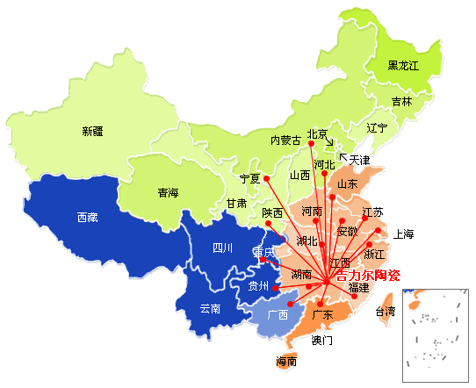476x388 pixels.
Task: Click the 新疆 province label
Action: tap(92, 132)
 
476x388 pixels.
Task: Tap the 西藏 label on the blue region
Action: tap(87, 216)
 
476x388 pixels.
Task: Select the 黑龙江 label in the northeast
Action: tap(404, 66)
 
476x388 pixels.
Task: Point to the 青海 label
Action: tap(168, 193)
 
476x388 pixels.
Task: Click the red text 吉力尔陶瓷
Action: tap(368, 275)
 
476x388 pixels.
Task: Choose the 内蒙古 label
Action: tap(285, 140)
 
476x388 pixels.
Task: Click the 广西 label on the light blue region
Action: tap(278, 314)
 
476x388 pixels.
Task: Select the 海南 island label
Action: tap(286, 362)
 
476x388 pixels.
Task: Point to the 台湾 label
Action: tap(386, 312)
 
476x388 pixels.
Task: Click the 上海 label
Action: tap(404, 234)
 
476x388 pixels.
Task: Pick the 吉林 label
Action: tap(401, 102)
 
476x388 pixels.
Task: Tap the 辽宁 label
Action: tap(378, 128)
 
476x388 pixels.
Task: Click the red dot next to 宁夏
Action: tap(267, 179)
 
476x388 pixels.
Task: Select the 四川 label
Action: tap(222, 248)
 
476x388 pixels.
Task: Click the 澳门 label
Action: tap(322, 339)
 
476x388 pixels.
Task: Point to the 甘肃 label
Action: tap(236, 203)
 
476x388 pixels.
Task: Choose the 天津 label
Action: tap(360, 161)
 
